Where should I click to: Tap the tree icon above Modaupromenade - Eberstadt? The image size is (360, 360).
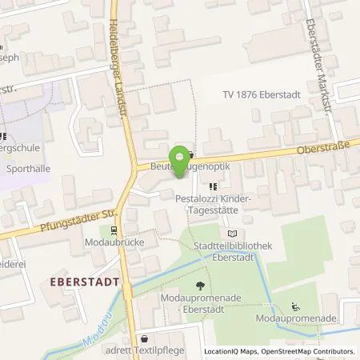(198, 286)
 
